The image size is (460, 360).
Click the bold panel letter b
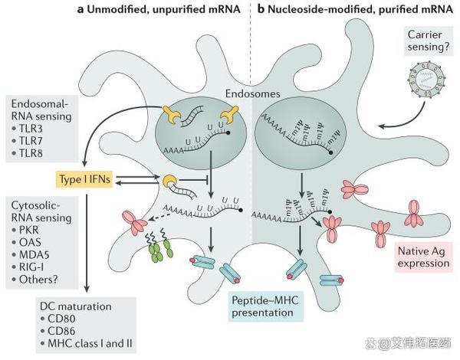coord(261,9)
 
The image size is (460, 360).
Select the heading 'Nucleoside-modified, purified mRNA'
coord(360,9)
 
